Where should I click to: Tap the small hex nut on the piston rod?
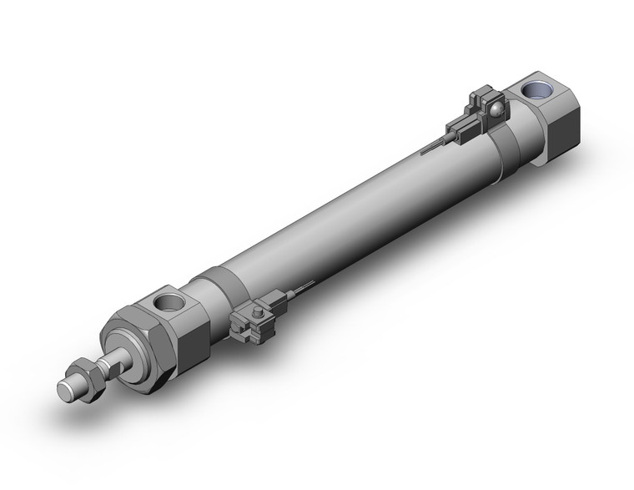tap(86, 372)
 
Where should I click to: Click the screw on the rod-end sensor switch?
tap(257, 312)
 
